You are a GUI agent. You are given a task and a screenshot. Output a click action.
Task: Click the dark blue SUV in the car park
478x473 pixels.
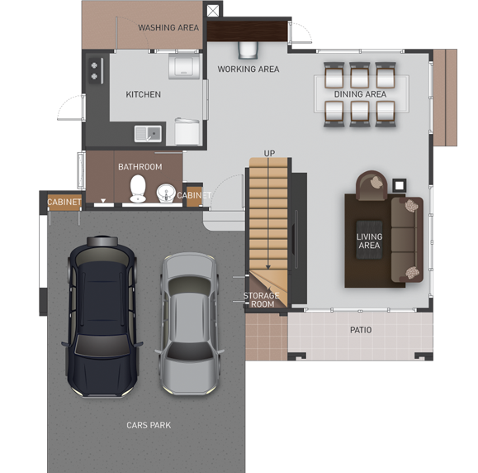point(102,317)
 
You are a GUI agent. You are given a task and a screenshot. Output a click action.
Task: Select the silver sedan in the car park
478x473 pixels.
point(189,323)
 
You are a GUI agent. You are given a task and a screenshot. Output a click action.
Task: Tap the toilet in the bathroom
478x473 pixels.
point(138,189)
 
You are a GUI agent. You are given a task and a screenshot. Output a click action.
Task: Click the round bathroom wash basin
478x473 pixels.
point(166,193)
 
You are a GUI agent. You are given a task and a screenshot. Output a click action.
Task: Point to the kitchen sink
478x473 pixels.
point(148,134)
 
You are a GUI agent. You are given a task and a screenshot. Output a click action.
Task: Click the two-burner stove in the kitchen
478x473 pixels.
point(96,70)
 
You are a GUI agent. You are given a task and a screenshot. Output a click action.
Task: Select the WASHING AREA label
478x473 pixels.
point(168,28)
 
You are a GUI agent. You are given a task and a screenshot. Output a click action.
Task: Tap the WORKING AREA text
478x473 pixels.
point(248,69)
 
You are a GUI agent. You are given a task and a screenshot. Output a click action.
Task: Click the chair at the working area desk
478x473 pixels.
point(248,50)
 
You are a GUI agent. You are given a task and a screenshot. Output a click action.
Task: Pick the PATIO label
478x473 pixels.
point(361,330)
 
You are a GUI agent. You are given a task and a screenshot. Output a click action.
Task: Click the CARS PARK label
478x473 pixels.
point(149,425)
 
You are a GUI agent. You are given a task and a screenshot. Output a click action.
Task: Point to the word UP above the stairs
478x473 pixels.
point(269,153)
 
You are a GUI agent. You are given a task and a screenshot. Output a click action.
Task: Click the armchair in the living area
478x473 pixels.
point(372,185)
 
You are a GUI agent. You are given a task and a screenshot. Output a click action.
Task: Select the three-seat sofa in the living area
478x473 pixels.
point(407,240)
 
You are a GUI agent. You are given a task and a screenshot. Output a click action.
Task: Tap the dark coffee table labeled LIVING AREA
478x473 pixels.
point(370,240)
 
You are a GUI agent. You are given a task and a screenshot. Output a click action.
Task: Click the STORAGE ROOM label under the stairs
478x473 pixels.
point(261,300)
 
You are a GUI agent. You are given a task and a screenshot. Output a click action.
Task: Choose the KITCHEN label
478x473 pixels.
point(144,94)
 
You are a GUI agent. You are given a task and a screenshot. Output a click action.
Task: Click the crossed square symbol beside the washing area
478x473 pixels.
point(213,11)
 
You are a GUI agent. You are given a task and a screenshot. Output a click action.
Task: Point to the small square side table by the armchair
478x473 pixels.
point(400,185)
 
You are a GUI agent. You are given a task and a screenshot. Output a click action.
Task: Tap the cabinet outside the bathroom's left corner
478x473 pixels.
point(64,202)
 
